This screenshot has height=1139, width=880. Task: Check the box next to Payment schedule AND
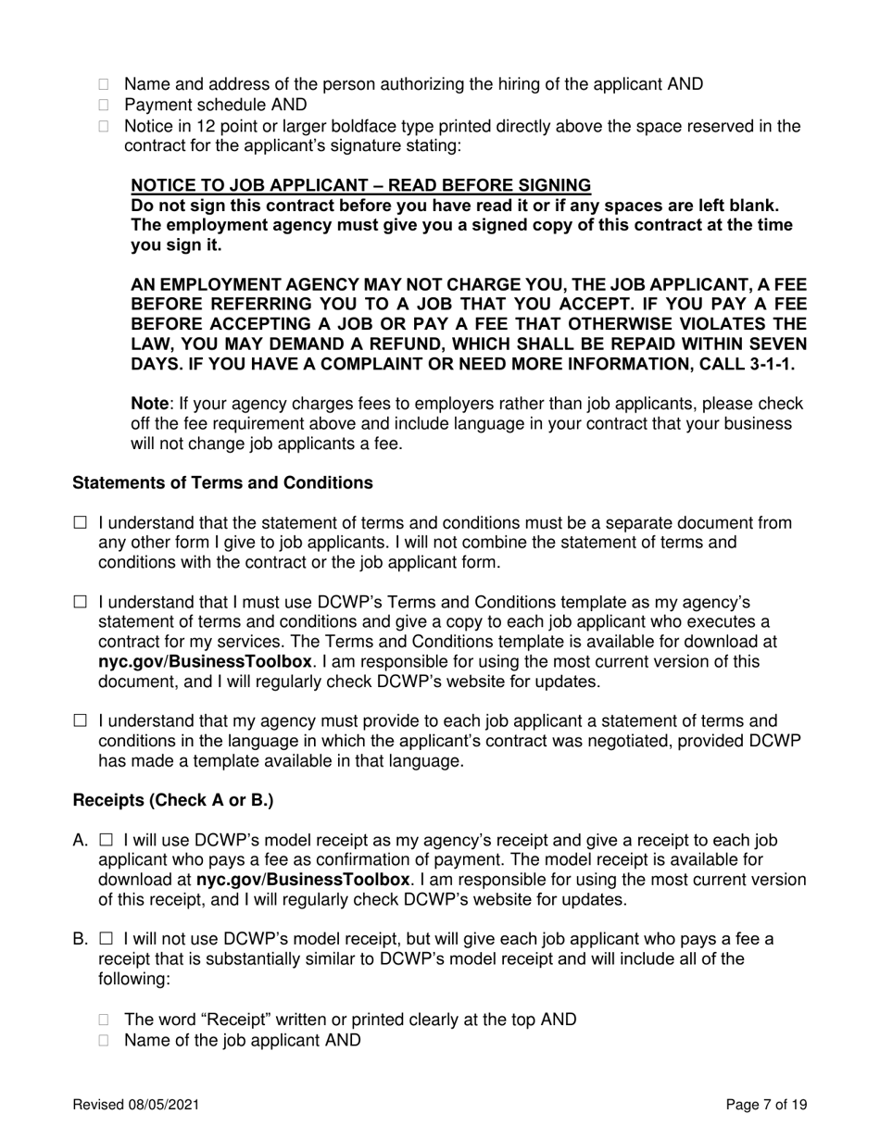[104, 106]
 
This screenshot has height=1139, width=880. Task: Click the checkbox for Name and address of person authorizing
[104, 85]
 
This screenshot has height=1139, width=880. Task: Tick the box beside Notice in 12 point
[104, 127]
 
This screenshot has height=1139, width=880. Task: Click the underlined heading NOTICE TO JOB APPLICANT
[360, 185]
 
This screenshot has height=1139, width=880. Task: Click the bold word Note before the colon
[149, 404]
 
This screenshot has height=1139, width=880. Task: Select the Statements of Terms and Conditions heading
[222, 483]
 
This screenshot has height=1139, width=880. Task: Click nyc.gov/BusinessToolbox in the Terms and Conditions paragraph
[205, 662]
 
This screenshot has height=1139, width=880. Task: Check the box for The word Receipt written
[104, 1020]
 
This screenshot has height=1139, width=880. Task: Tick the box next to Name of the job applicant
[104, 1041]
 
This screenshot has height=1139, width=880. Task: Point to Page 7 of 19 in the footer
[767, 1105]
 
